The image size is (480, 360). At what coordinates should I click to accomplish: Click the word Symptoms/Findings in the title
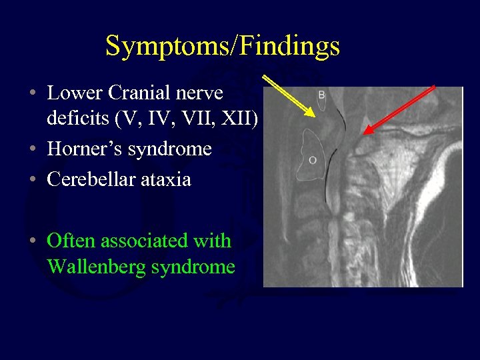pos(223,46)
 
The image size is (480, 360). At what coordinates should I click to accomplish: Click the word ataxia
pos(167,179)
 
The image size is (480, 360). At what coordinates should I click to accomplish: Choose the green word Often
pos(70,240)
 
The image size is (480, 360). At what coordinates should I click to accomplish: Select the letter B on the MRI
pos(321,95)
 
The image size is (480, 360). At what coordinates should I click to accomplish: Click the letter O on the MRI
pos(313,159)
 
